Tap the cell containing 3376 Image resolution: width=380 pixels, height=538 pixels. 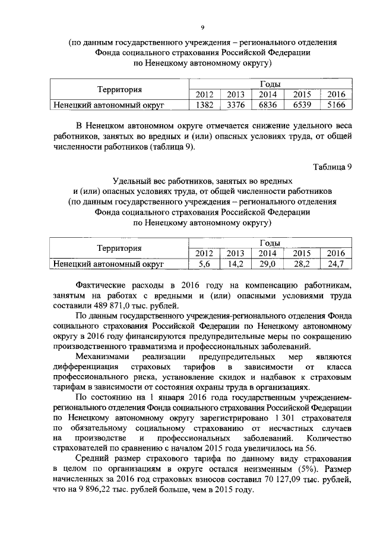[235, 105]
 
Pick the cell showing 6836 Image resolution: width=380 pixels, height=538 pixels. [268, 105]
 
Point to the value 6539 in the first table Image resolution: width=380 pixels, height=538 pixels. [302, 105]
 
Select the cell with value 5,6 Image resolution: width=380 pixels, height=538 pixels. [204, 263]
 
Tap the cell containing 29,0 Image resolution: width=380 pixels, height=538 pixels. [268, 263]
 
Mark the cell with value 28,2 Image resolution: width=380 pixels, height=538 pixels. [302, 263]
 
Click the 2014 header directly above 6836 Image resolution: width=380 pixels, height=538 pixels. [268, 95]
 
